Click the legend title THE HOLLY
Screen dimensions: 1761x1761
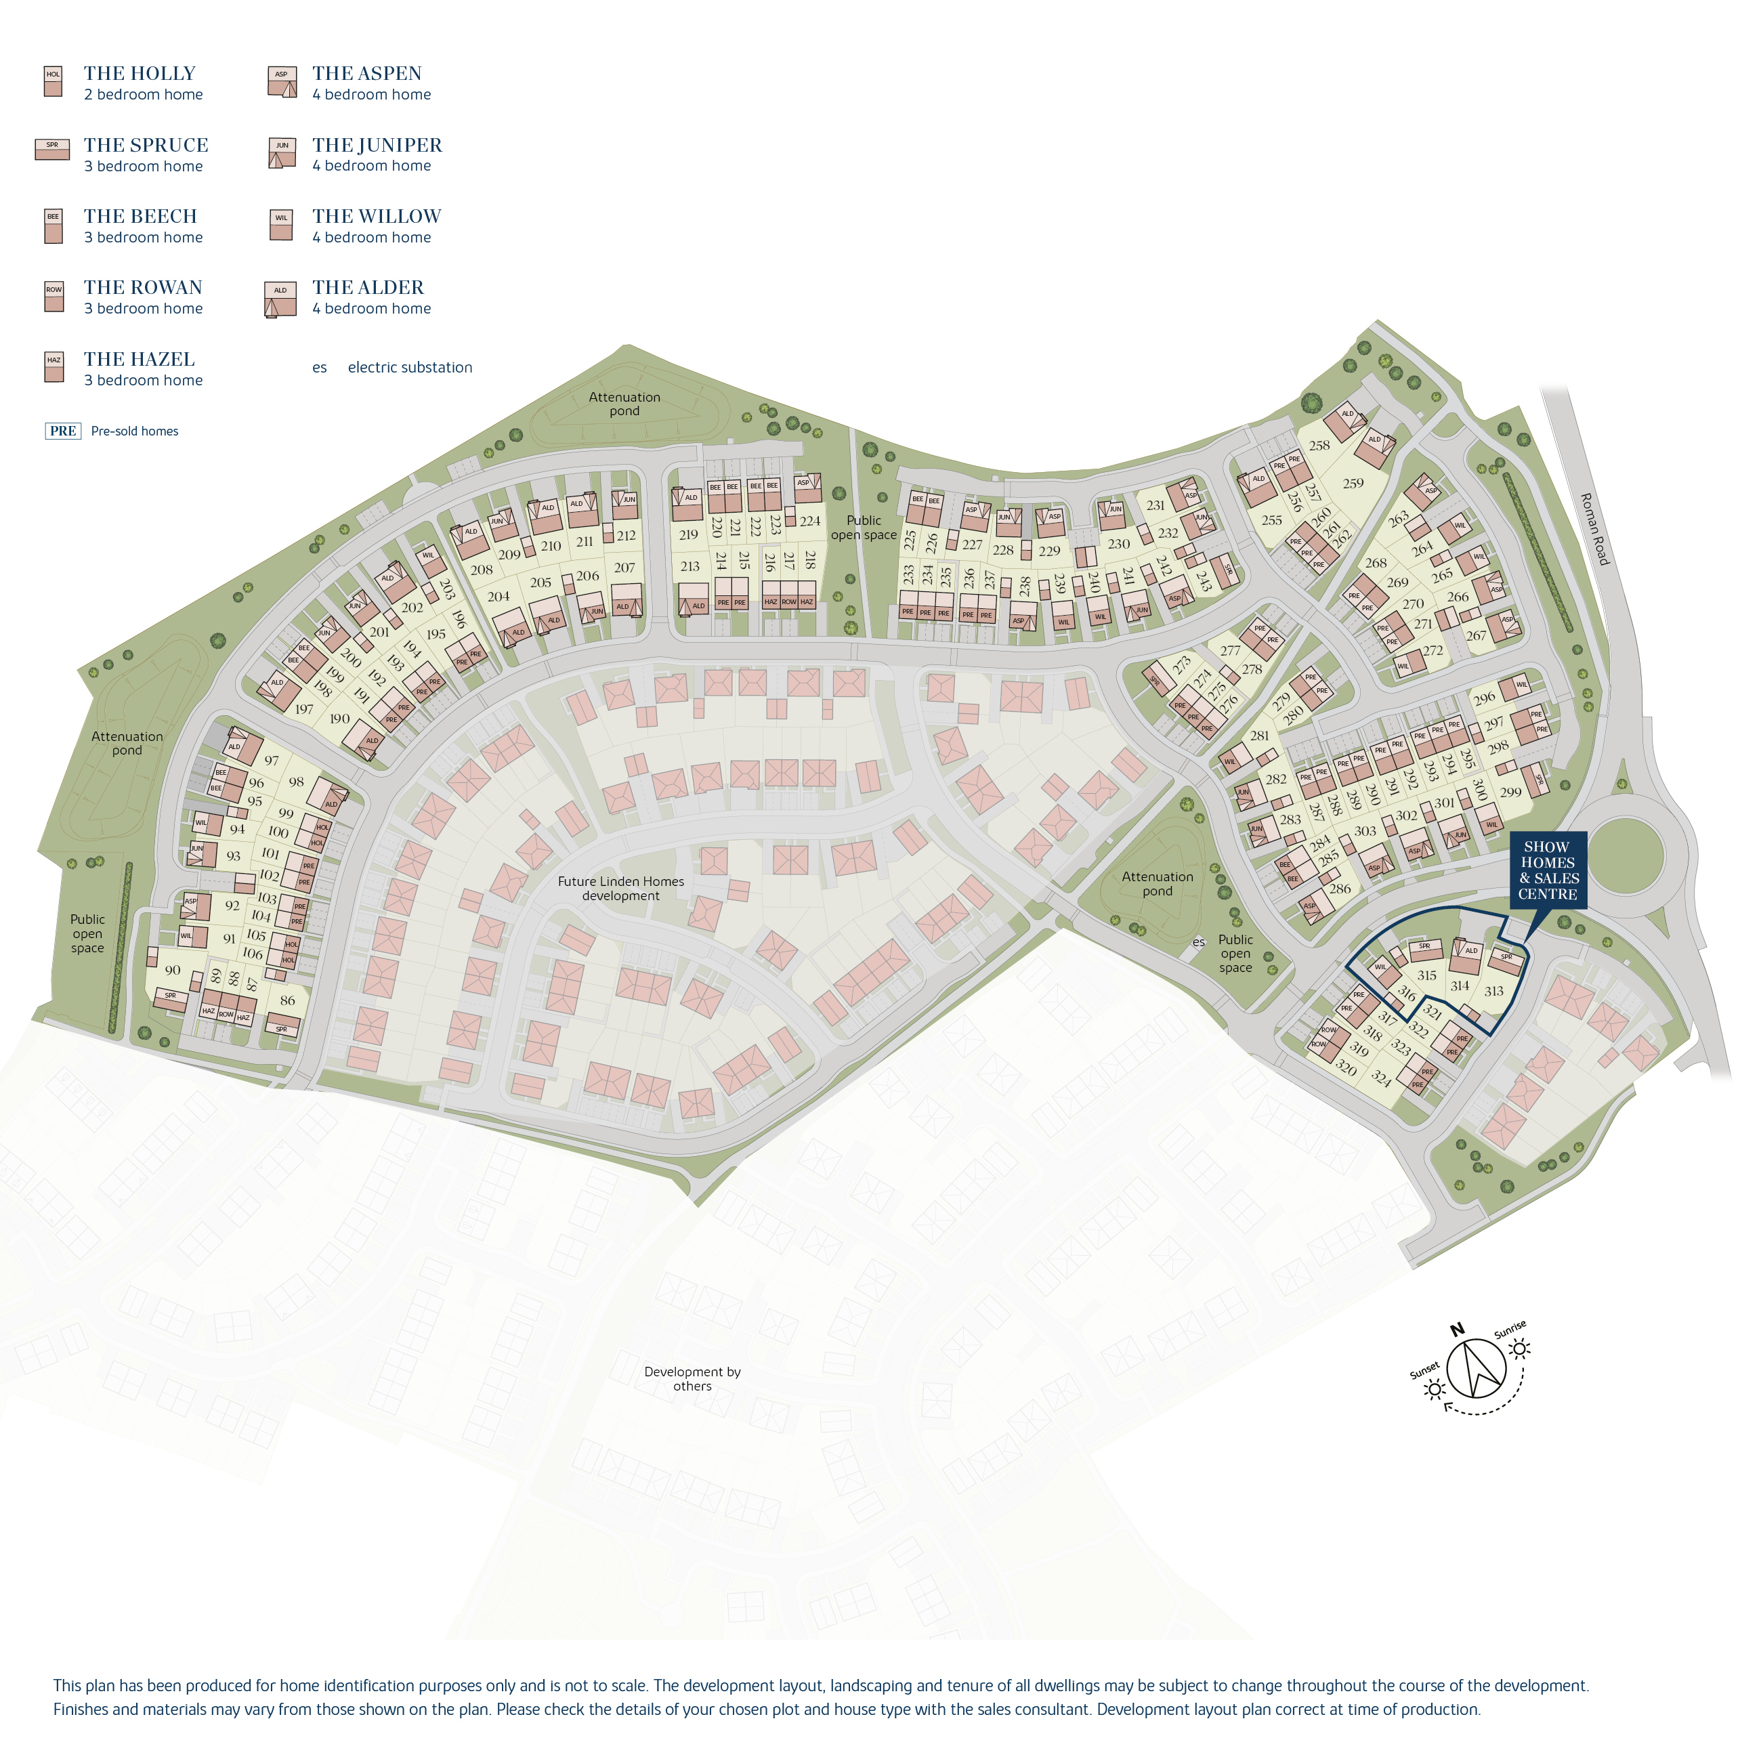140,74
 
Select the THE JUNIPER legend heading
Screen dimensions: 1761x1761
377,145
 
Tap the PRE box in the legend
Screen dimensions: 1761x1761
63,431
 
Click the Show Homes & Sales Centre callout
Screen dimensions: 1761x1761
1548,870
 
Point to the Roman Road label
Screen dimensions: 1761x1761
1594,529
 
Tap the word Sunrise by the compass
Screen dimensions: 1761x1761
1510,1329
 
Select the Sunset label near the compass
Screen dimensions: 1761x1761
1424,1371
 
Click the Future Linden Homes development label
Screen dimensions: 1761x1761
620,889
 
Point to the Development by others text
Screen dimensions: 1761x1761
693,1378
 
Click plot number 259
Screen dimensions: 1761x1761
1353,483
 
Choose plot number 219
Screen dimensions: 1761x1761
688,535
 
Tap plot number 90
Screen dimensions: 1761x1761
172,970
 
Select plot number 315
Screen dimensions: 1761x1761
1426,975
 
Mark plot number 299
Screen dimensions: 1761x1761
1510,791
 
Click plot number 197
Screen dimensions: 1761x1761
303,708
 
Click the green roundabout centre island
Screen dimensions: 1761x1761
1629,855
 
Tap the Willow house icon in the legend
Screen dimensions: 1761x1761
280,225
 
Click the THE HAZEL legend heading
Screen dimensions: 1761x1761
140,359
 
